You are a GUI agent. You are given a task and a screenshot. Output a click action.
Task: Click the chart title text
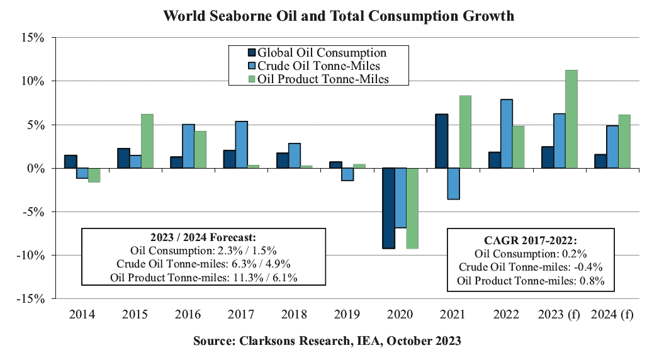(x=339, y=16)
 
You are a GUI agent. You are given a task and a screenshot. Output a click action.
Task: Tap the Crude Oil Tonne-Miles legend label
(x=318, y=65)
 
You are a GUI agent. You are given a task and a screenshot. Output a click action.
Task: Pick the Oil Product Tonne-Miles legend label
(x=323, y=79)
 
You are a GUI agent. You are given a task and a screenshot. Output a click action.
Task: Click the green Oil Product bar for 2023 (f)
(x=571, y=119)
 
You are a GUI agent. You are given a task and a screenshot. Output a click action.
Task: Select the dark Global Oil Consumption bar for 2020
(x=388, y=208)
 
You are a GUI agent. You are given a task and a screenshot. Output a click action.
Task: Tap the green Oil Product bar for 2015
(x=147, y=141)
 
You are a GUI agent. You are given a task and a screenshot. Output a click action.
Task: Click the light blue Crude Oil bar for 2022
(x=507, y=133)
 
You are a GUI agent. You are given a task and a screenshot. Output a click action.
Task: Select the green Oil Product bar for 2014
(x=94, y=175)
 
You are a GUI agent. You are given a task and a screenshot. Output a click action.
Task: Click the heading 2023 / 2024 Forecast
(x=203, y=237)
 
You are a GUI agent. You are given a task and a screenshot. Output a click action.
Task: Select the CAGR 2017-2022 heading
(x=530, y=240)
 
